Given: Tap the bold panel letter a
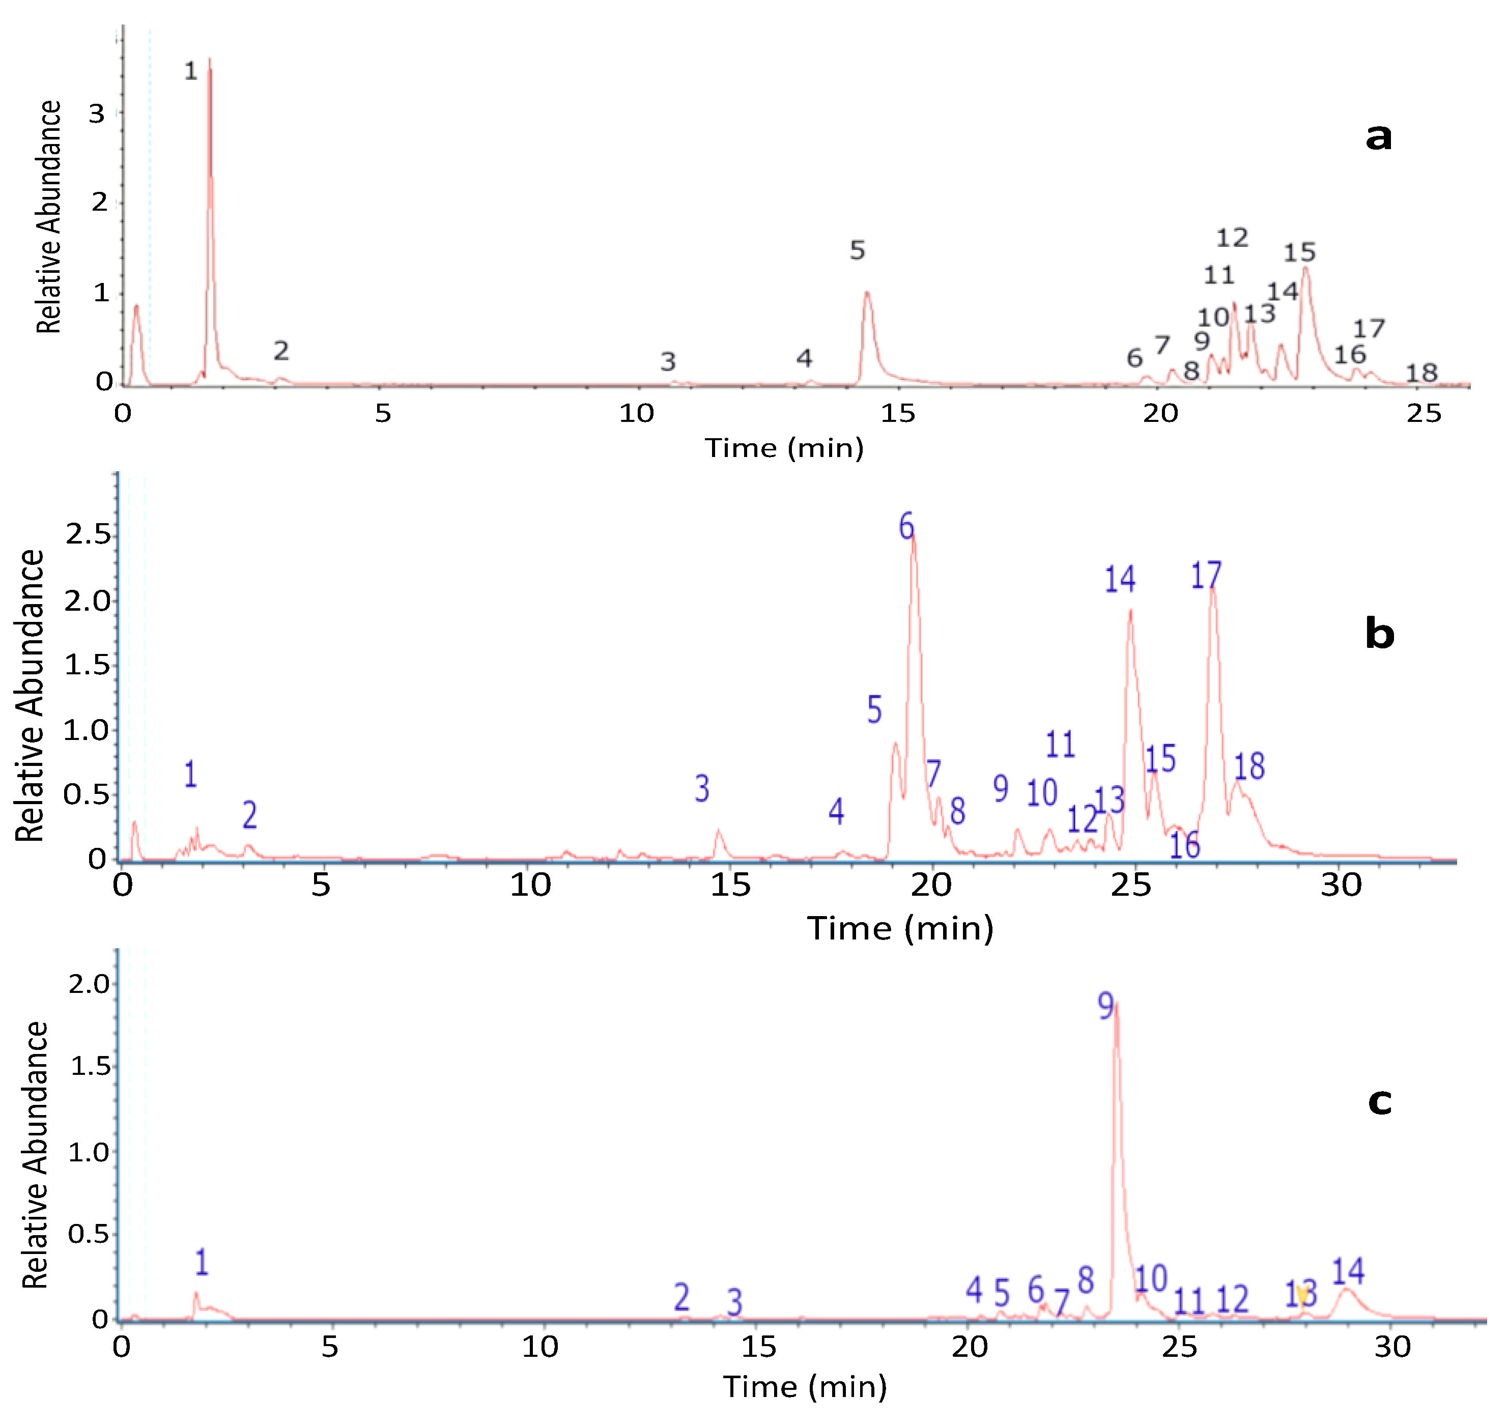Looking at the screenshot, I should (1379, 137).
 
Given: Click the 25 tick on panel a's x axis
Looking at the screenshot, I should (1424, 414).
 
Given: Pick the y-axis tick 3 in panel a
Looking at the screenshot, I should (97, 115).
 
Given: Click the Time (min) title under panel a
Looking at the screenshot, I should (785, 448).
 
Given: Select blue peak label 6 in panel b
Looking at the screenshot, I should (906, 526).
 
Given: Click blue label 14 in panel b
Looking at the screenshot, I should (1120, 580).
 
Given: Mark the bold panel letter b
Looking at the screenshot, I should (1379, 634).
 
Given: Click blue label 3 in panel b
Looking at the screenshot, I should (702, 789).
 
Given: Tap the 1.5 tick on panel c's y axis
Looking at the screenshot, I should (90, 1067).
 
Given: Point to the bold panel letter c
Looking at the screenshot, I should (1379, 1101).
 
